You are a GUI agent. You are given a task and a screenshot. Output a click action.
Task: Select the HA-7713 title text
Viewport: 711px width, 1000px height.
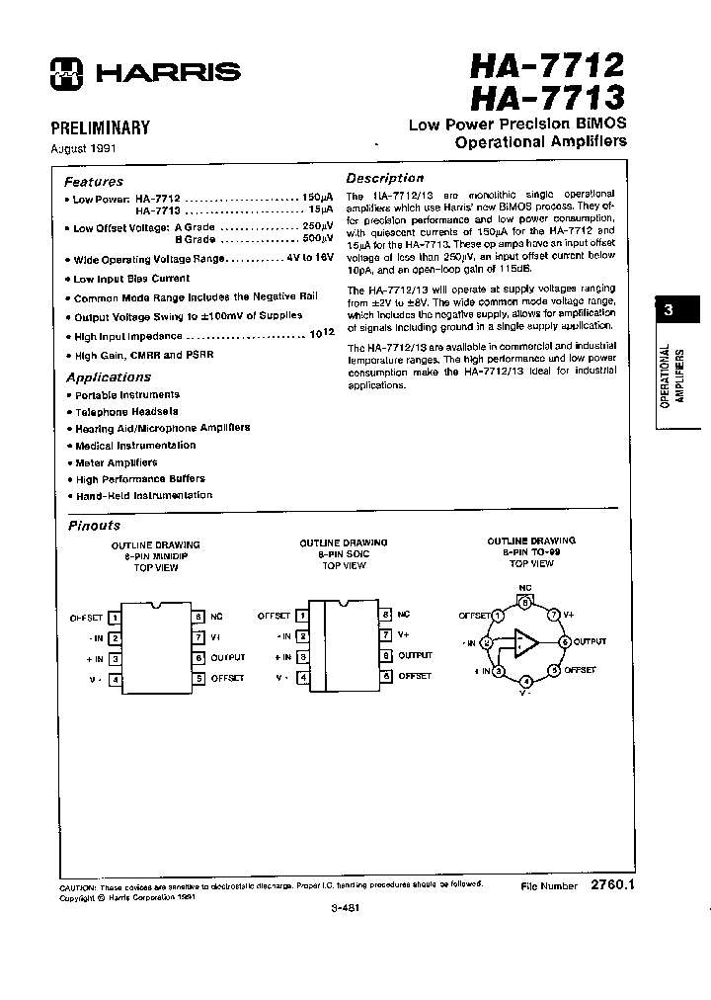[549, 99]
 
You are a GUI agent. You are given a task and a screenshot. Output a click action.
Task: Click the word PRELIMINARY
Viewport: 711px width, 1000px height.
[100, 127]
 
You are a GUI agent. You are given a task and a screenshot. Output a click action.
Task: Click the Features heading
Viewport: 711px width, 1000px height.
[94, 182]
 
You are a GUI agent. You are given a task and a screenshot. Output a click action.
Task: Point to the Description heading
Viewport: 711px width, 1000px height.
[384, 178]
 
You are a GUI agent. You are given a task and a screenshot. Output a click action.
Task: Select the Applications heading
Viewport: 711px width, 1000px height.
[109, 377]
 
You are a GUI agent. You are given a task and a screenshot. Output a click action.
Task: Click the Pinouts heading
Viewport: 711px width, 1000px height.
[94, 526]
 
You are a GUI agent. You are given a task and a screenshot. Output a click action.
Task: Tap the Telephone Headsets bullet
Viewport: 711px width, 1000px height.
[126, 411]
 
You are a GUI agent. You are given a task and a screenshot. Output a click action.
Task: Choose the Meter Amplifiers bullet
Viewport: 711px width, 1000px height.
[116, 461]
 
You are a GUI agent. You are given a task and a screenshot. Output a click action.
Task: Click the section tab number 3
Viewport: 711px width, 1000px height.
[669, 310]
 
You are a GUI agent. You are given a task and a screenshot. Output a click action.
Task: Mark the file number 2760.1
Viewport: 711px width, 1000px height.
[608, 886]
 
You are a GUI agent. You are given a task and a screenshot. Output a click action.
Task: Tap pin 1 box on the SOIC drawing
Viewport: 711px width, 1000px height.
[302, 616]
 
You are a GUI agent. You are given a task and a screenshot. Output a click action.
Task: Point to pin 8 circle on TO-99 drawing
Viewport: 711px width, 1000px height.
[525, 601]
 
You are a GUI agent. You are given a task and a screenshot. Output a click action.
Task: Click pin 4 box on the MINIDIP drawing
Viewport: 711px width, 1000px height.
[116, 679]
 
